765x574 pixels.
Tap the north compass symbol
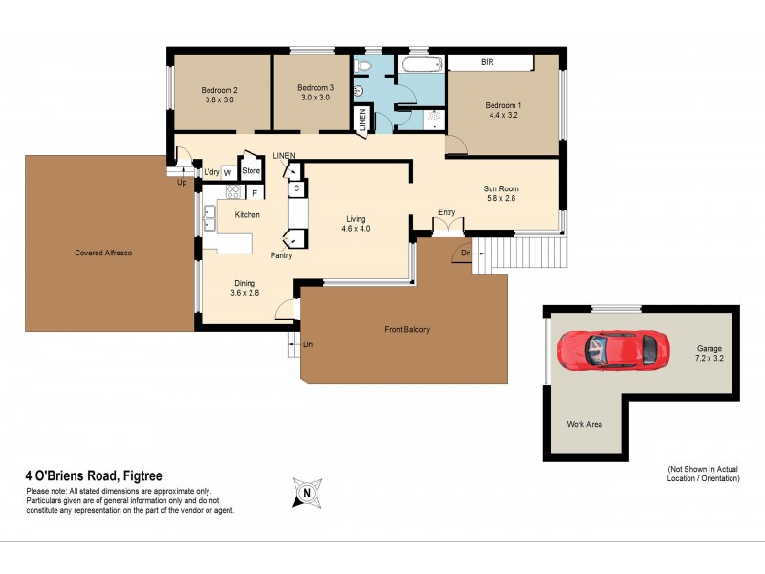[308, 494]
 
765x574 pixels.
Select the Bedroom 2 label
[219, 90]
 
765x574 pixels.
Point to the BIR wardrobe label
[487, 62]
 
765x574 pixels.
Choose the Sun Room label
[501, 188]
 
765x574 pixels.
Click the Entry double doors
[448, 226]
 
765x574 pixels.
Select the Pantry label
[281, 255]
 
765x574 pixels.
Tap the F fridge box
[255, 192]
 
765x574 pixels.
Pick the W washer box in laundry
[228, 172]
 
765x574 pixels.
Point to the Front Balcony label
[407, 330]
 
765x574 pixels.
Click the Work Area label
[583, 424]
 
